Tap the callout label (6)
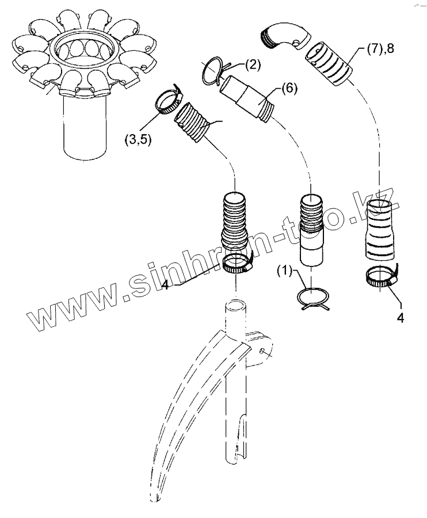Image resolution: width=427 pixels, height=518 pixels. (x=290, y=89)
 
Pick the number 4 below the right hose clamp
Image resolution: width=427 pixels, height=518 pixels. (x=399, y=317)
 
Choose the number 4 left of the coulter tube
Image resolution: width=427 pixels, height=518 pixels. (x=165, y=284)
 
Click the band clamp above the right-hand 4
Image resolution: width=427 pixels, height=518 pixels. (x=382, y=278)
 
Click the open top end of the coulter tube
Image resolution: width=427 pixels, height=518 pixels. (x=234, y=303)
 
